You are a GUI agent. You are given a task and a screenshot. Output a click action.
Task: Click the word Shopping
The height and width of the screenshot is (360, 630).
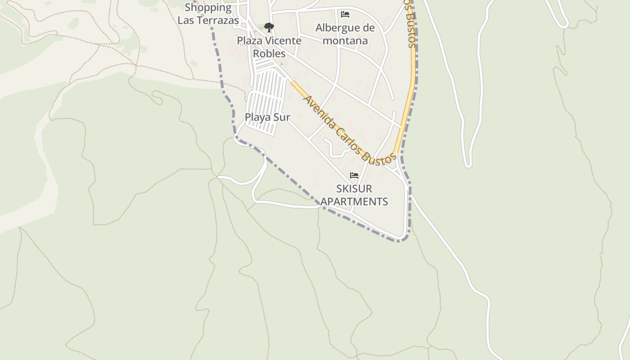[x=208, y=7]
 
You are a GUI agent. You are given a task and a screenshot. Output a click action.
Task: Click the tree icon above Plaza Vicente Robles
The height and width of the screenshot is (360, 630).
[x=269, y=27]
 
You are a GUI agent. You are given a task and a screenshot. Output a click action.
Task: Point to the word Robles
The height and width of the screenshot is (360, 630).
[x=269, y=54]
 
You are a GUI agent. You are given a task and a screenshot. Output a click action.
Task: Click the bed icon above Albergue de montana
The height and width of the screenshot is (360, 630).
[x=345, y=14]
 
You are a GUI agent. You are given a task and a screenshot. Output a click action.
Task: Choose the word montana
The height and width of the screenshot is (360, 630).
[x=346, y=41]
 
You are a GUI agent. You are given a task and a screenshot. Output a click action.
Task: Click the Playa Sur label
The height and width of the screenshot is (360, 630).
[x=267, y=117]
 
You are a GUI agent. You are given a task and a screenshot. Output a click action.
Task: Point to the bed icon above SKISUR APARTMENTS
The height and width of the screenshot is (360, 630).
[x=354, y=175]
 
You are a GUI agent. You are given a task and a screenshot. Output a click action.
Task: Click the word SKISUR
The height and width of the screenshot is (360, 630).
[x=354, y=189]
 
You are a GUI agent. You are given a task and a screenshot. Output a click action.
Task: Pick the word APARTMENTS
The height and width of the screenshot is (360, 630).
[x=354, y=202]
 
